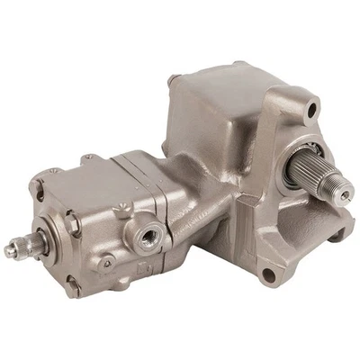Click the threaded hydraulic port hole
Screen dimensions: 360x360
tap(146, 237)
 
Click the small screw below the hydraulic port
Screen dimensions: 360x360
tap(107, 264)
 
